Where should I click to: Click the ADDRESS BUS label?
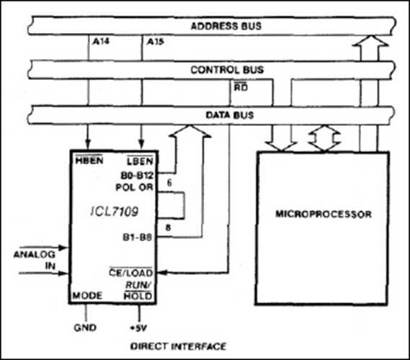(226, 26)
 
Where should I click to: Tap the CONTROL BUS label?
(227, 70)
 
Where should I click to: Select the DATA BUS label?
(230, 115)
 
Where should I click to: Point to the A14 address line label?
(101, 42)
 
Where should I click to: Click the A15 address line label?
(156, 42)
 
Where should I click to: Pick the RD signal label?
(241, 87)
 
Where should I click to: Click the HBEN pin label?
(89, 160)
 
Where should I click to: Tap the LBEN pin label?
(140, 161)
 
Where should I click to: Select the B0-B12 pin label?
(137, 176)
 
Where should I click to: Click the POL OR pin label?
(135, 187)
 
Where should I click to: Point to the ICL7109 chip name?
(115, 212)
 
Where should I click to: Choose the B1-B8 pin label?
(138, 238)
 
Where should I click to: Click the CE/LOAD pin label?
(130, 272)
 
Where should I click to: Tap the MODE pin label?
(87, 296)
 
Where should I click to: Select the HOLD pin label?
(138, 296)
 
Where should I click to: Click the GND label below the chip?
(85, 328)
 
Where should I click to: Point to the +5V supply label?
(138, 328)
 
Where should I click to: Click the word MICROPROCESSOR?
(324, 215)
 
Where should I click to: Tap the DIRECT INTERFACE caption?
(178, 346)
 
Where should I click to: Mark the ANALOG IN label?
(35, 260)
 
